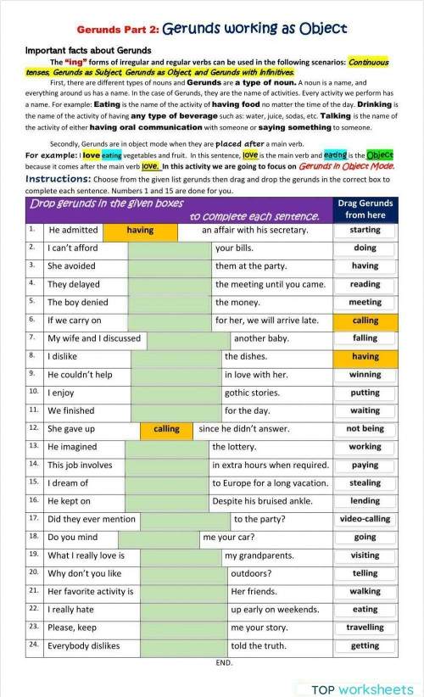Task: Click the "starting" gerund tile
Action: point(365,230)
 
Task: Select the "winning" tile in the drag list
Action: point(365,375)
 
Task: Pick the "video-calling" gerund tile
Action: point(365,519)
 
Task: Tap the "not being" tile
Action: point(365,429)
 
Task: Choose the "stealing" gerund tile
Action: point(365,483)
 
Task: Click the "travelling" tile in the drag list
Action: point(365,627)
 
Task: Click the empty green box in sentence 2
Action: point(170,248)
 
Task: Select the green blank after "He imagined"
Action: point(166,447)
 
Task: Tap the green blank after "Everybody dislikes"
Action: point(184,646)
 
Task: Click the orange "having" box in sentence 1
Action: point(140,230)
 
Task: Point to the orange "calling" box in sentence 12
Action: point(166,429)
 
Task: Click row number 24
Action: point(33,644)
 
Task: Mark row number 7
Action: point(32,337)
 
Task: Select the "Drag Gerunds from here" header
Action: point(365,209)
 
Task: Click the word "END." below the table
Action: point(224,662)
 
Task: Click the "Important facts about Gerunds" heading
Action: point(88,51)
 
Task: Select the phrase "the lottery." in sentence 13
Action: point(234,447)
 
